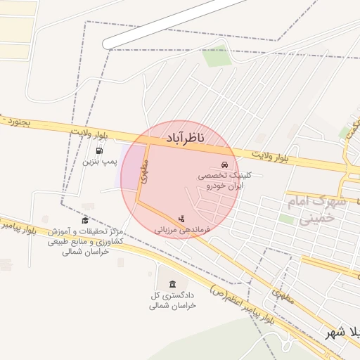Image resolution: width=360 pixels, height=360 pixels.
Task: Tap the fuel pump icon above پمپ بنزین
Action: tap(99, 150)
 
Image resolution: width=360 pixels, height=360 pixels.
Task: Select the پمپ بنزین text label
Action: tap(99, 162)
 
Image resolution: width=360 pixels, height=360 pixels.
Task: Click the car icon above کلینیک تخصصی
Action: tap(224, 165)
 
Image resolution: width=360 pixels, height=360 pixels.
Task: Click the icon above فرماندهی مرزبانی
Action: tap(181, 218)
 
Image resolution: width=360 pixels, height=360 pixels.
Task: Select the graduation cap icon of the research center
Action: tap(85, 220)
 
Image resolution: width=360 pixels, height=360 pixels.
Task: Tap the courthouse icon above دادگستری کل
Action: tap(172, 283)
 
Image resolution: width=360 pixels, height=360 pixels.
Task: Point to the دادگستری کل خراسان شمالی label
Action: tap(172, 300)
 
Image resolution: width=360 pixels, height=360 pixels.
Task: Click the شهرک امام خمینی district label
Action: tap(316, 210)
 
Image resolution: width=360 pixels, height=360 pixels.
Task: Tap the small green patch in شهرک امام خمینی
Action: tap(286, 219)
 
